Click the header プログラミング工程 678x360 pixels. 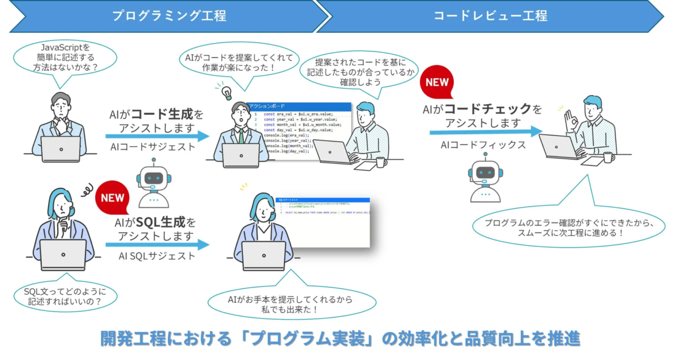169,15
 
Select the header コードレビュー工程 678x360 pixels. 490,15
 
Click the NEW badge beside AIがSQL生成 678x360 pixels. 113,198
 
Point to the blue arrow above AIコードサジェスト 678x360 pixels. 157,136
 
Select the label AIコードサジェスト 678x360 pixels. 153,148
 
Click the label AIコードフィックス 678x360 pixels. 483,145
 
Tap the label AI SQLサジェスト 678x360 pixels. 157,256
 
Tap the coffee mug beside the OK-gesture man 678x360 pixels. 608,157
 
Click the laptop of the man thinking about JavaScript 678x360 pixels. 61,149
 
